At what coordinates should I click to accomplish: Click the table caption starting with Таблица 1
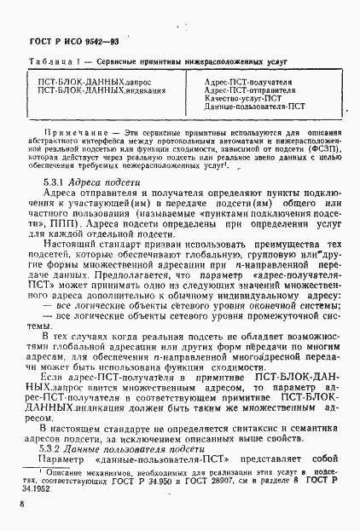pyautogui.click(x=154, y=64)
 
